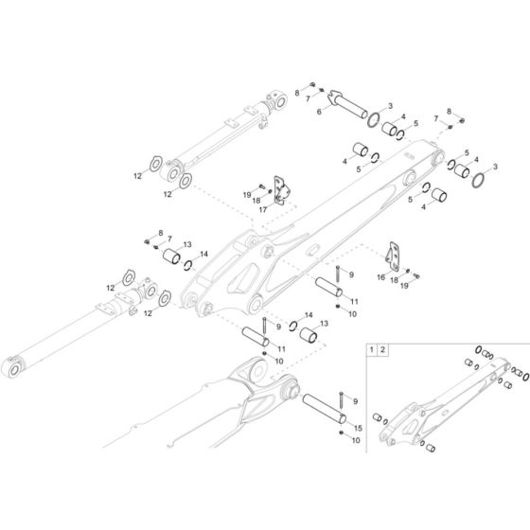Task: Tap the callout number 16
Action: click(381, 279)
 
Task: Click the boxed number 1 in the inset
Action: click(373, 351)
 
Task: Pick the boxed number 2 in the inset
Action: click(384, 351)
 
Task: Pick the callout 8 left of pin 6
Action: click(296, 91)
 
